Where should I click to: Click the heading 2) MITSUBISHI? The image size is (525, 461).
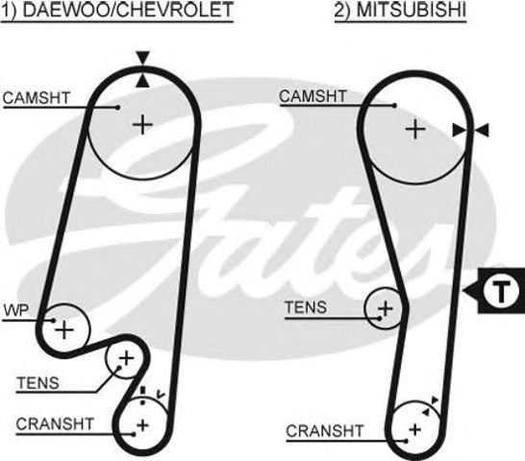click(387, 12)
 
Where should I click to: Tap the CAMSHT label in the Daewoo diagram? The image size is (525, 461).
click(36, 97)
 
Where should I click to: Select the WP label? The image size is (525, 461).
click(17, 310)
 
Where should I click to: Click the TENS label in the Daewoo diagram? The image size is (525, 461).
click(37, 382)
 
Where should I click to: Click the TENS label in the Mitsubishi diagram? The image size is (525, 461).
click(307, 307)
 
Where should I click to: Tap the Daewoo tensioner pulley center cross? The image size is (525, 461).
click(124, 360)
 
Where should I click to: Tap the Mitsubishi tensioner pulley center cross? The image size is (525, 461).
click(386, 308)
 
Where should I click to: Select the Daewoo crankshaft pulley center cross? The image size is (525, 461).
click(142, 424)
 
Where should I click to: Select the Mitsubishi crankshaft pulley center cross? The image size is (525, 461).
click(415, 427)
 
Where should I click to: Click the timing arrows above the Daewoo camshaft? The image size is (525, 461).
click(142, 70)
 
